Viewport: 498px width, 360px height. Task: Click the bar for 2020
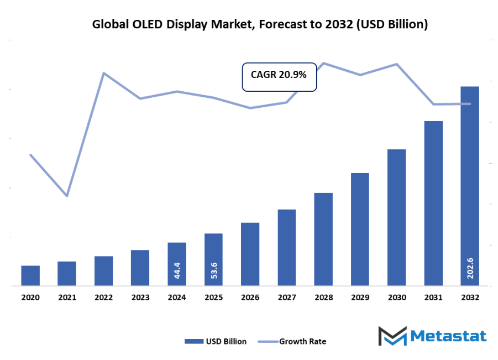30,275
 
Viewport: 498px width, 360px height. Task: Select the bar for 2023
140,268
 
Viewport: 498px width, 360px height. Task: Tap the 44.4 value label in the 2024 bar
177,270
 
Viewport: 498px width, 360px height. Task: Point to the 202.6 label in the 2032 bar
470,269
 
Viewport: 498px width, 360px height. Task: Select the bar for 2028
323,239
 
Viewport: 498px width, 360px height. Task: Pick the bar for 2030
396,217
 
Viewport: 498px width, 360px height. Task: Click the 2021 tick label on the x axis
67,298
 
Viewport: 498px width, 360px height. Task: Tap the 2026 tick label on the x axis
250,298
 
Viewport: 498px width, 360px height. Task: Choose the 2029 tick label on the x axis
360,298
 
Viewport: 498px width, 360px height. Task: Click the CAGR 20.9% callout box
279,76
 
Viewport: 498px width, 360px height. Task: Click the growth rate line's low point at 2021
67,196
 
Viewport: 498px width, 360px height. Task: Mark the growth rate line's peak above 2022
103,73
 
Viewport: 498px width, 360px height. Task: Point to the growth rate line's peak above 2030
396,64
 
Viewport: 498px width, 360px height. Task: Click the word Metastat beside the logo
449,336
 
